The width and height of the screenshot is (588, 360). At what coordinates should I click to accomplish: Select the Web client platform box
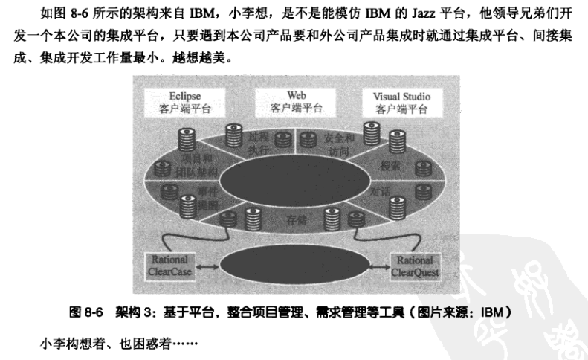(297, 101)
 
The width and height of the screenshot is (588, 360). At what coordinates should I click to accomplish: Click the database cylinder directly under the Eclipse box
(186, 138)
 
